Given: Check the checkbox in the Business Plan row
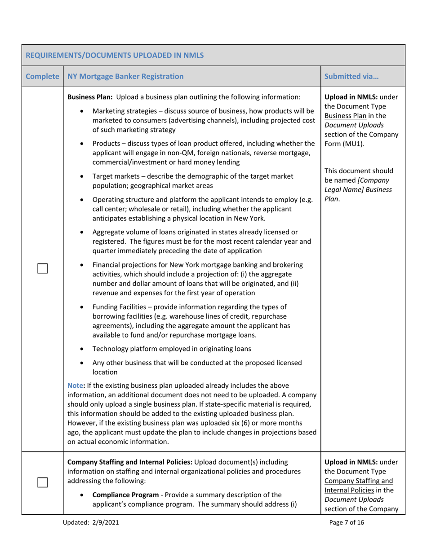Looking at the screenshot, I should tap(43, 269).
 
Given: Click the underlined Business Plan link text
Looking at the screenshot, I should tap(342, 114).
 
